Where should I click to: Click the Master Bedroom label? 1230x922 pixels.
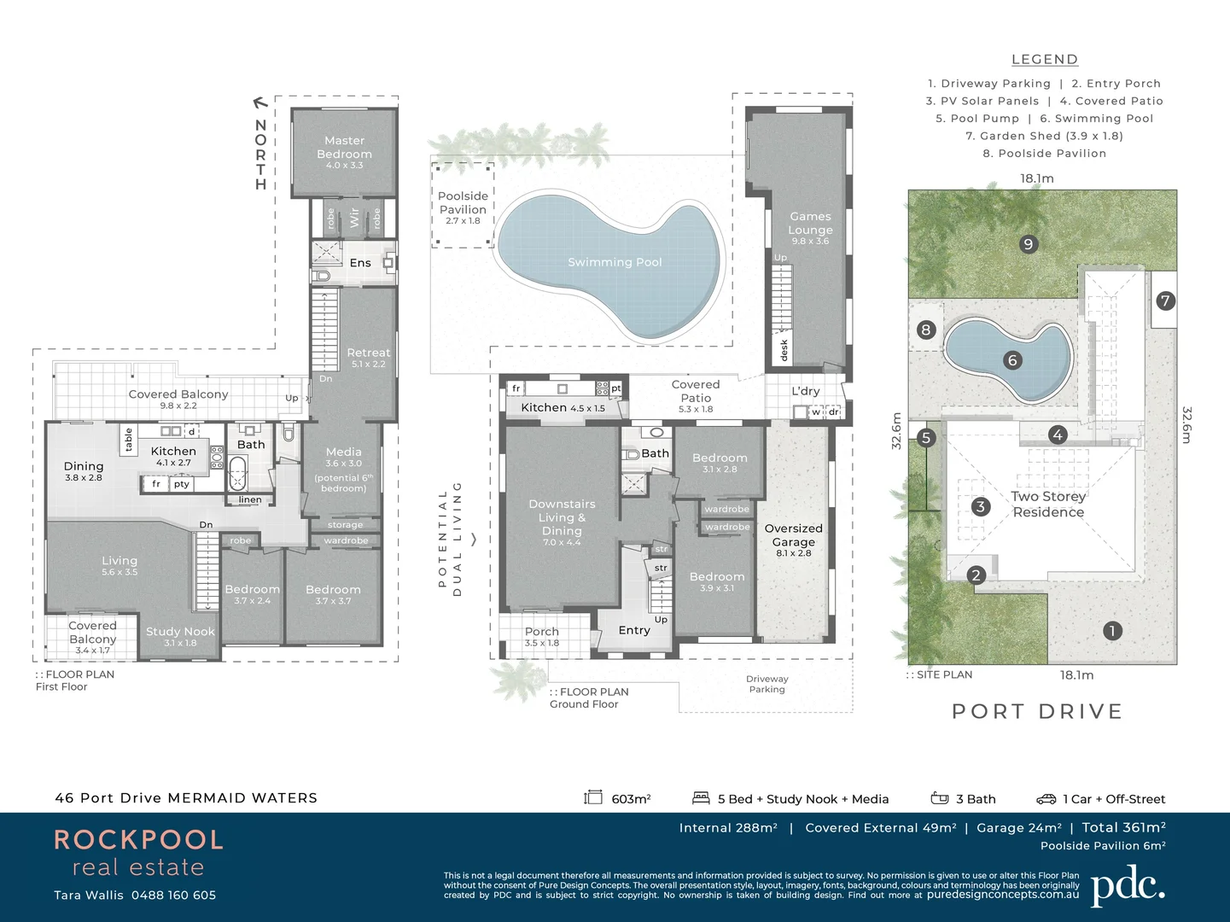344,148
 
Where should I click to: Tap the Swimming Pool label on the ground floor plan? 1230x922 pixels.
615,262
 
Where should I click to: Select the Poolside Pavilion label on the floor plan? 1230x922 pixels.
463,203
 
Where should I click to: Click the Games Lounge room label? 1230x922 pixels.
810,224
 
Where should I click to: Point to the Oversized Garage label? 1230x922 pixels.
793,535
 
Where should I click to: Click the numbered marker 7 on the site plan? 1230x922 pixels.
1165,301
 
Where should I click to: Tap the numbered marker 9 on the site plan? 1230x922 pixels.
1028,244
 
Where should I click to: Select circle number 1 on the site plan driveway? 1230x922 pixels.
1111,631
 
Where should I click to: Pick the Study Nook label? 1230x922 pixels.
180,632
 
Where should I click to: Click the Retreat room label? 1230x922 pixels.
368,353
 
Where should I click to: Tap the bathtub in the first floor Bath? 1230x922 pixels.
237,471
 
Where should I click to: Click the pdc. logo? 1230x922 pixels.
1127,886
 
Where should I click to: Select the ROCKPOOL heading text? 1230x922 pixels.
138,840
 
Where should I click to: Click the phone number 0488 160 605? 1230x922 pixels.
173,895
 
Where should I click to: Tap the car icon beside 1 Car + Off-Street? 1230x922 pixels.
1046,799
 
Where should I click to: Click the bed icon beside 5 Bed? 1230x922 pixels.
701,798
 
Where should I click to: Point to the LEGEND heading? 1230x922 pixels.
1044,60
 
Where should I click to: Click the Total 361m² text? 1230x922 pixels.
1123,827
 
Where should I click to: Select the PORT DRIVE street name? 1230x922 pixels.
1036,711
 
